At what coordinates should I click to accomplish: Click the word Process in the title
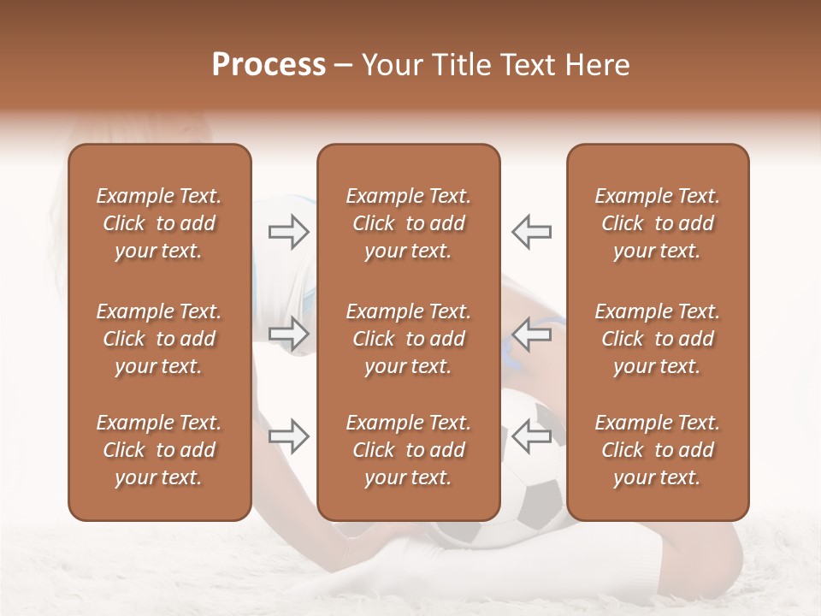coord(269,65)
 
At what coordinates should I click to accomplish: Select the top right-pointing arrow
coord(289,232)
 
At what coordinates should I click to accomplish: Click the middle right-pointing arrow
coord(289,335)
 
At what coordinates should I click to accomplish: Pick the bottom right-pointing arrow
coord(289,436)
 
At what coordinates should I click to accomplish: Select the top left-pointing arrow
coord(532,232)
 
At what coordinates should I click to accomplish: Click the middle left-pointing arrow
coord(532,335)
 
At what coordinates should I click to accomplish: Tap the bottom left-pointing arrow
coord(532,436)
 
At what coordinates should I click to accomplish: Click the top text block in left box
coord(159,223)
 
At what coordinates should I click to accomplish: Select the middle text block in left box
coord(159,339)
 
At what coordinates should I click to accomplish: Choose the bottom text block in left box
coord(159,450)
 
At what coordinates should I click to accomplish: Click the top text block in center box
coord(408,223)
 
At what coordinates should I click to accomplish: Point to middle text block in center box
coord(408,339)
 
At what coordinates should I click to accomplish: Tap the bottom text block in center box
coord(408,450)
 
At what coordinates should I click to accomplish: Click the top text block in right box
coord(657,223)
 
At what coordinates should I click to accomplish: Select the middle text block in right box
coord(657,339)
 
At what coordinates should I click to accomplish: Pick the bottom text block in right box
coord(657,450)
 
